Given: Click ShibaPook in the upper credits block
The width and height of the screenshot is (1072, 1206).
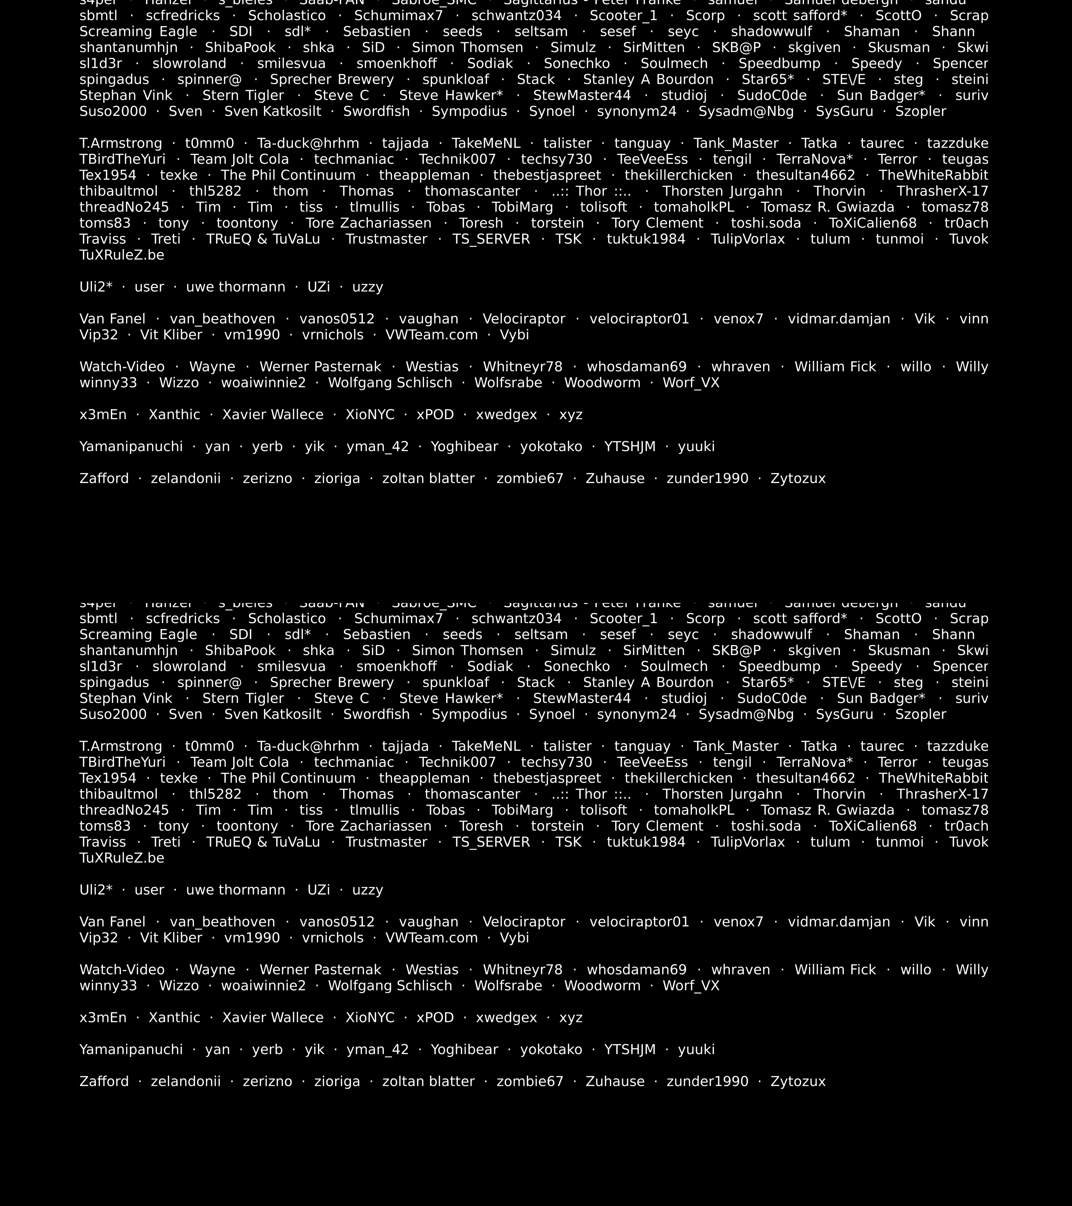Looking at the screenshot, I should point(240,48).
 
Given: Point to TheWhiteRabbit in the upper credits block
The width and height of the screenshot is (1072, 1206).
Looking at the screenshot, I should point(933,175).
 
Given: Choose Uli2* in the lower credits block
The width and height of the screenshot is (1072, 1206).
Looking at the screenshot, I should point(96,890).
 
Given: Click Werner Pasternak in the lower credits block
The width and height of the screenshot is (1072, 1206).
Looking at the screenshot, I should point(320,969).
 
